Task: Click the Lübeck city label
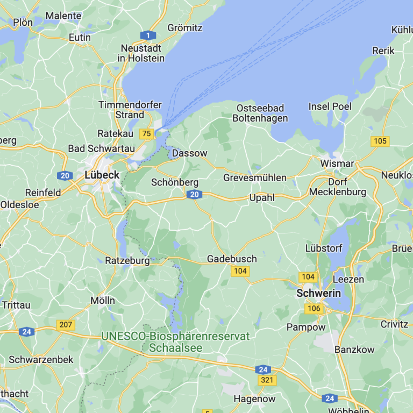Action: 102,175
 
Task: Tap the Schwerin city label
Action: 319,294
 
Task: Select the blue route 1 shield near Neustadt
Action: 148,35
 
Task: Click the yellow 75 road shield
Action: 146,133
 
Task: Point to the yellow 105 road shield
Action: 380,141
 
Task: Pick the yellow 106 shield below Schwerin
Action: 314,308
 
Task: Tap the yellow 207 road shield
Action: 66,324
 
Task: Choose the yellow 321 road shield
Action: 267,380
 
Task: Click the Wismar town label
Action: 337,163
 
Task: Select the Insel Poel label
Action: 330,106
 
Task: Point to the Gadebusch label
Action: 232,259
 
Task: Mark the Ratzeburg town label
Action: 127,261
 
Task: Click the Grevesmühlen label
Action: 255,177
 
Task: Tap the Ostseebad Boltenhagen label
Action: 262,113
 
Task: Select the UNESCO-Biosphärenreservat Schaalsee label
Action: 175,342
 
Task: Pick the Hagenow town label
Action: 254,399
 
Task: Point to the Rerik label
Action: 383,51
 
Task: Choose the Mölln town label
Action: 103,301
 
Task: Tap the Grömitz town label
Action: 184,27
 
